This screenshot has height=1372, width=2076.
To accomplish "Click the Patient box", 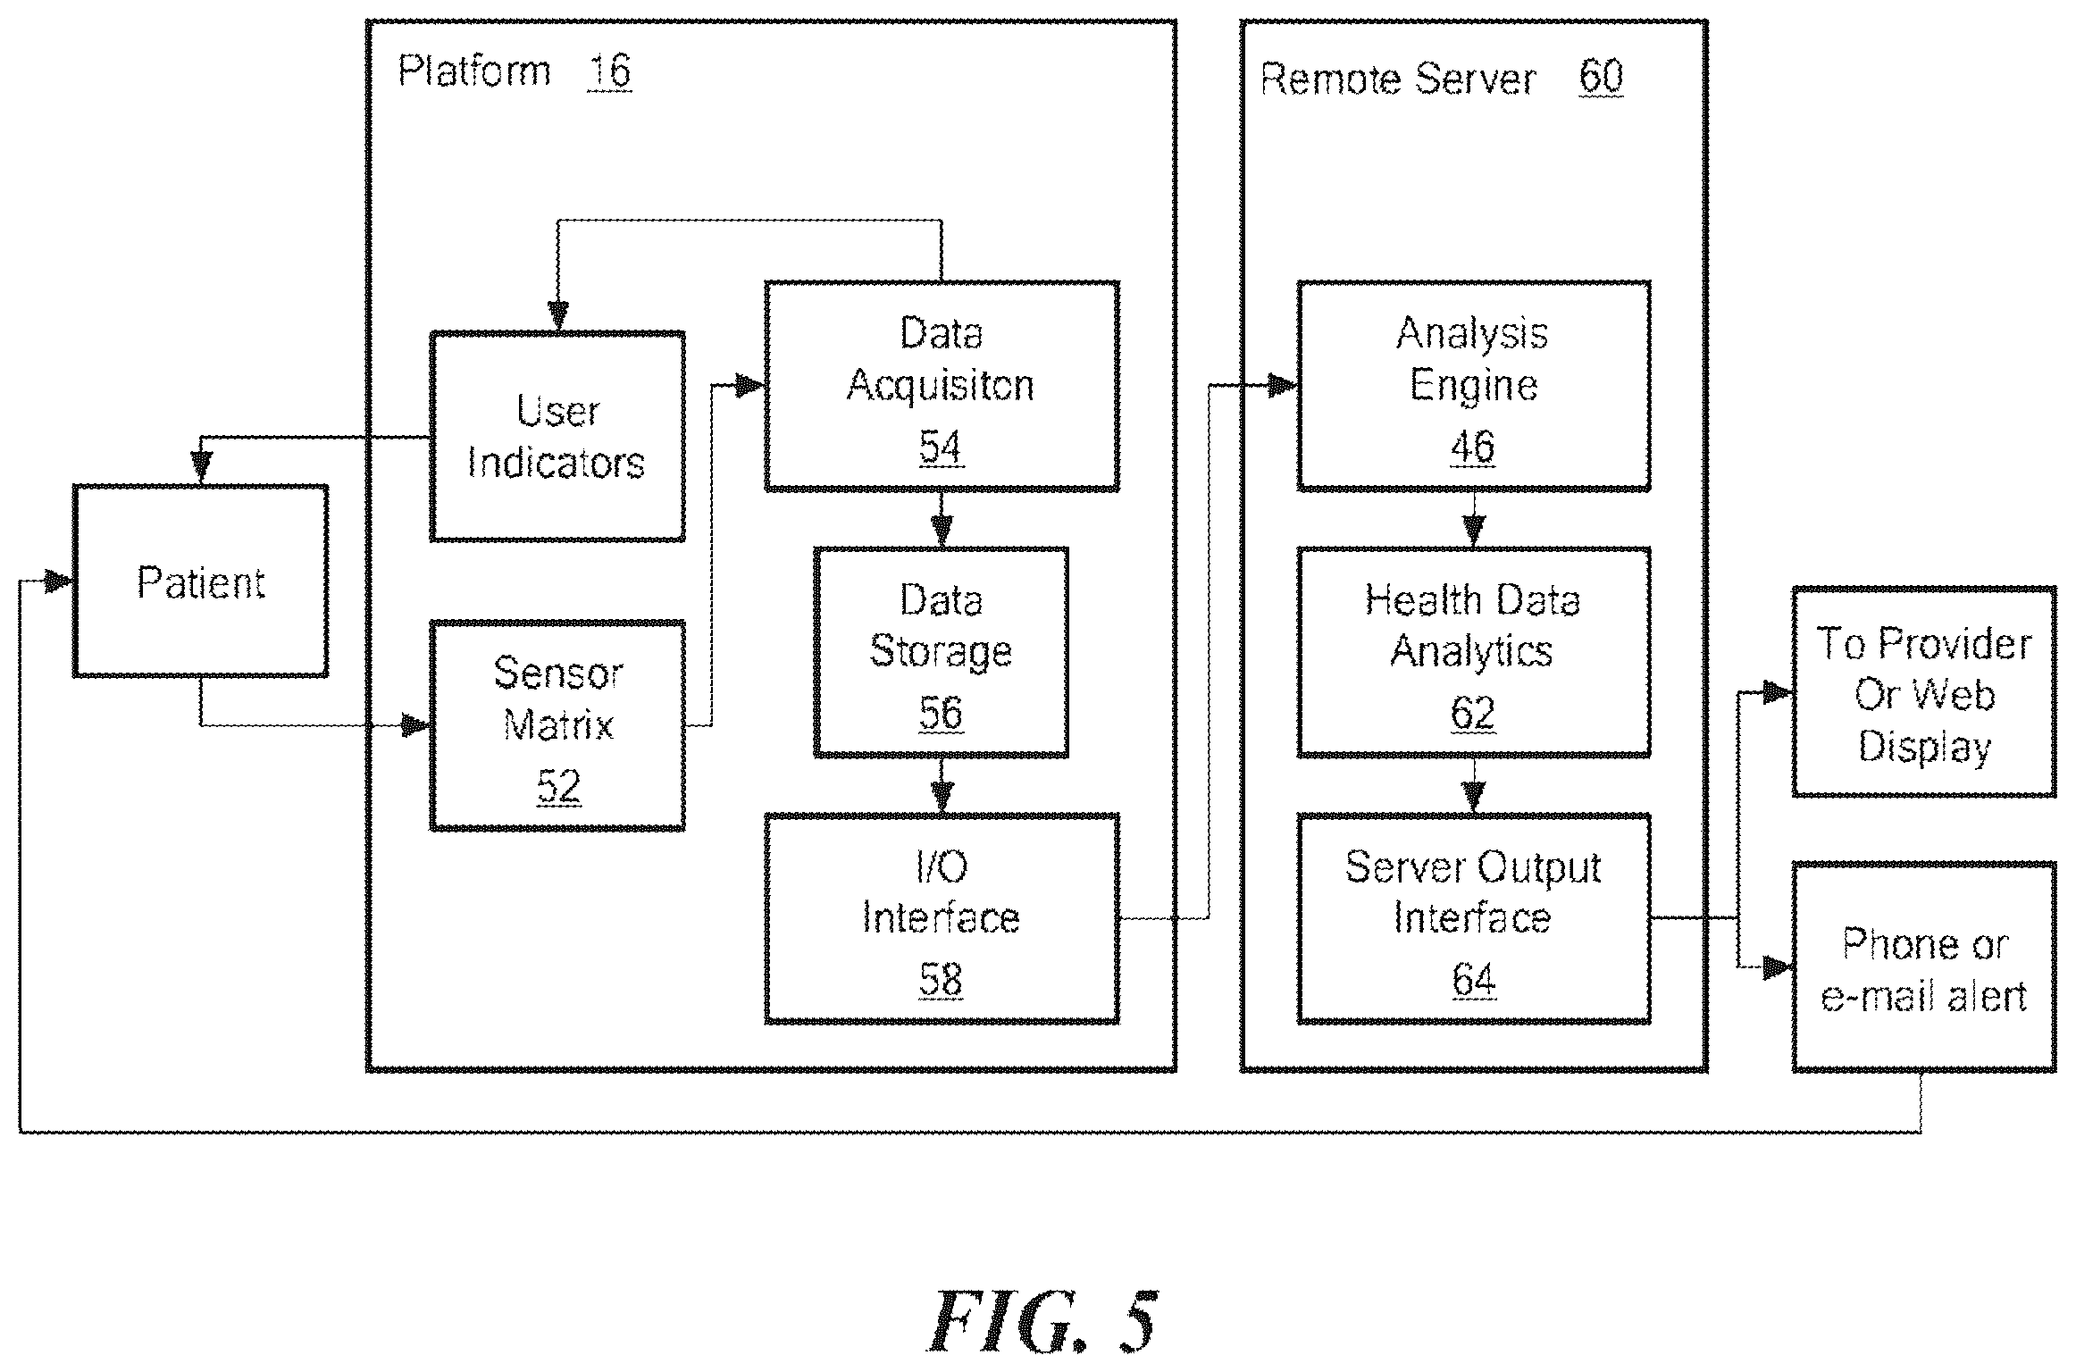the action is click(201, 581).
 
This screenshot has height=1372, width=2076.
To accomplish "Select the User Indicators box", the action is click(557, 436).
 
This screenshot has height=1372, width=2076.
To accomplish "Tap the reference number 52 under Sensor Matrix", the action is click(558, 786).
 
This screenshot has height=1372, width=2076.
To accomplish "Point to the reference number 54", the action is click(941, 447).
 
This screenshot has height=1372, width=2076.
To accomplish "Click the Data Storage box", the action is click(941, 652).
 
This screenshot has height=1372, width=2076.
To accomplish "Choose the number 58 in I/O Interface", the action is click(941, 980).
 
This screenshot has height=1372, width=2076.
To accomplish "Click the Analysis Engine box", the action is click(1473, 386).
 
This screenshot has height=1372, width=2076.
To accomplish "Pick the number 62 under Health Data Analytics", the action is click(1473, 713).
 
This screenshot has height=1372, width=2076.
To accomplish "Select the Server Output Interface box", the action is click(1473, 918).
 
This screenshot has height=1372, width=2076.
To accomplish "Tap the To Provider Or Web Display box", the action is click(1924, 692).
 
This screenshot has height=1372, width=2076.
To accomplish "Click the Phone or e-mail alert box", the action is click(1924, 966).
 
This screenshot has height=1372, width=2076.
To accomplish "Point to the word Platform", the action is click(474, 71).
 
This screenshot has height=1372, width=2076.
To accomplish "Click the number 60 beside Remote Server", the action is click(1601, 77).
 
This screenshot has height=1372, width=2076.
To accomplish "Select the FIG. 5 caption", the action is click(1042, 1321).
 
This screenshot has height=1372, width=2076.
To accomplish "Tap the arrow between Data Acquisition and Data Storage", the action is click(941, 519).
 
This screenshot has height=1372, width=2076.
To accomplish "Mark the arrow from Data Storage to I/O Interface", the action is click(941, 785).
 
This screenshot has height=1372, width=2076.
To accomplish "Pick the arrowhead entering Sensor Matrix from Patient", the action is click(416, 724).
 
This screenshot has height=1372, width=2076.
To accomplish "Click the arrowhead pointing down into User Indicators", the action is click(558, 316).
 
